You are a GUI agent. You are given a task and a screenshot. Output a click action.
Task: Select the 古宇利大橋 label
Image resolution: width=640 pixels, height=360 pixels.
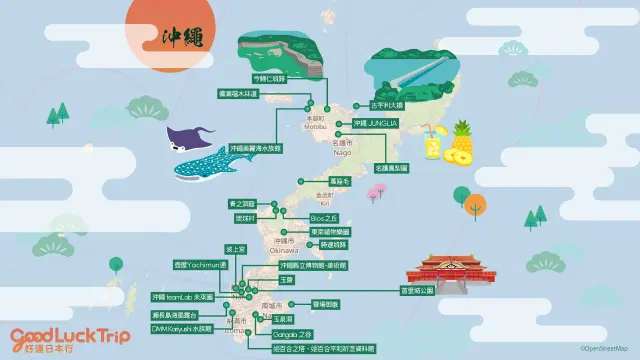tap(386, 103)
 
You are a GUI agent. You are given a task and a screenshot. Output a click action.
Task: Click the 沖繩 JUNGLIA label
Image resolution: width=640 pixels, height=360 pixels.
tap(375, 124)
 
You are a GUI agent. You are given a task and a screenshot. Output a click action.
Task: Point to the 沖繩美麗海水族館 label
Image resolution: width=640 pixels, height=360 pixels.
tap(256, 147)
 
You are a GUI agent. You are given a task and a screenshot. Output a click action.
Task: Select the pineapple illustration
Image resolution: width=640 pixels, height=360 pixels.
tap(462, 143)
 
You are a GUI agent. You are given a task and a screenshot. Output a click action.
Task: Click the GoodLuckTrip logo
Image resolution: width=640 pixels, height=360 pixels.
tap(70, 338)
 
